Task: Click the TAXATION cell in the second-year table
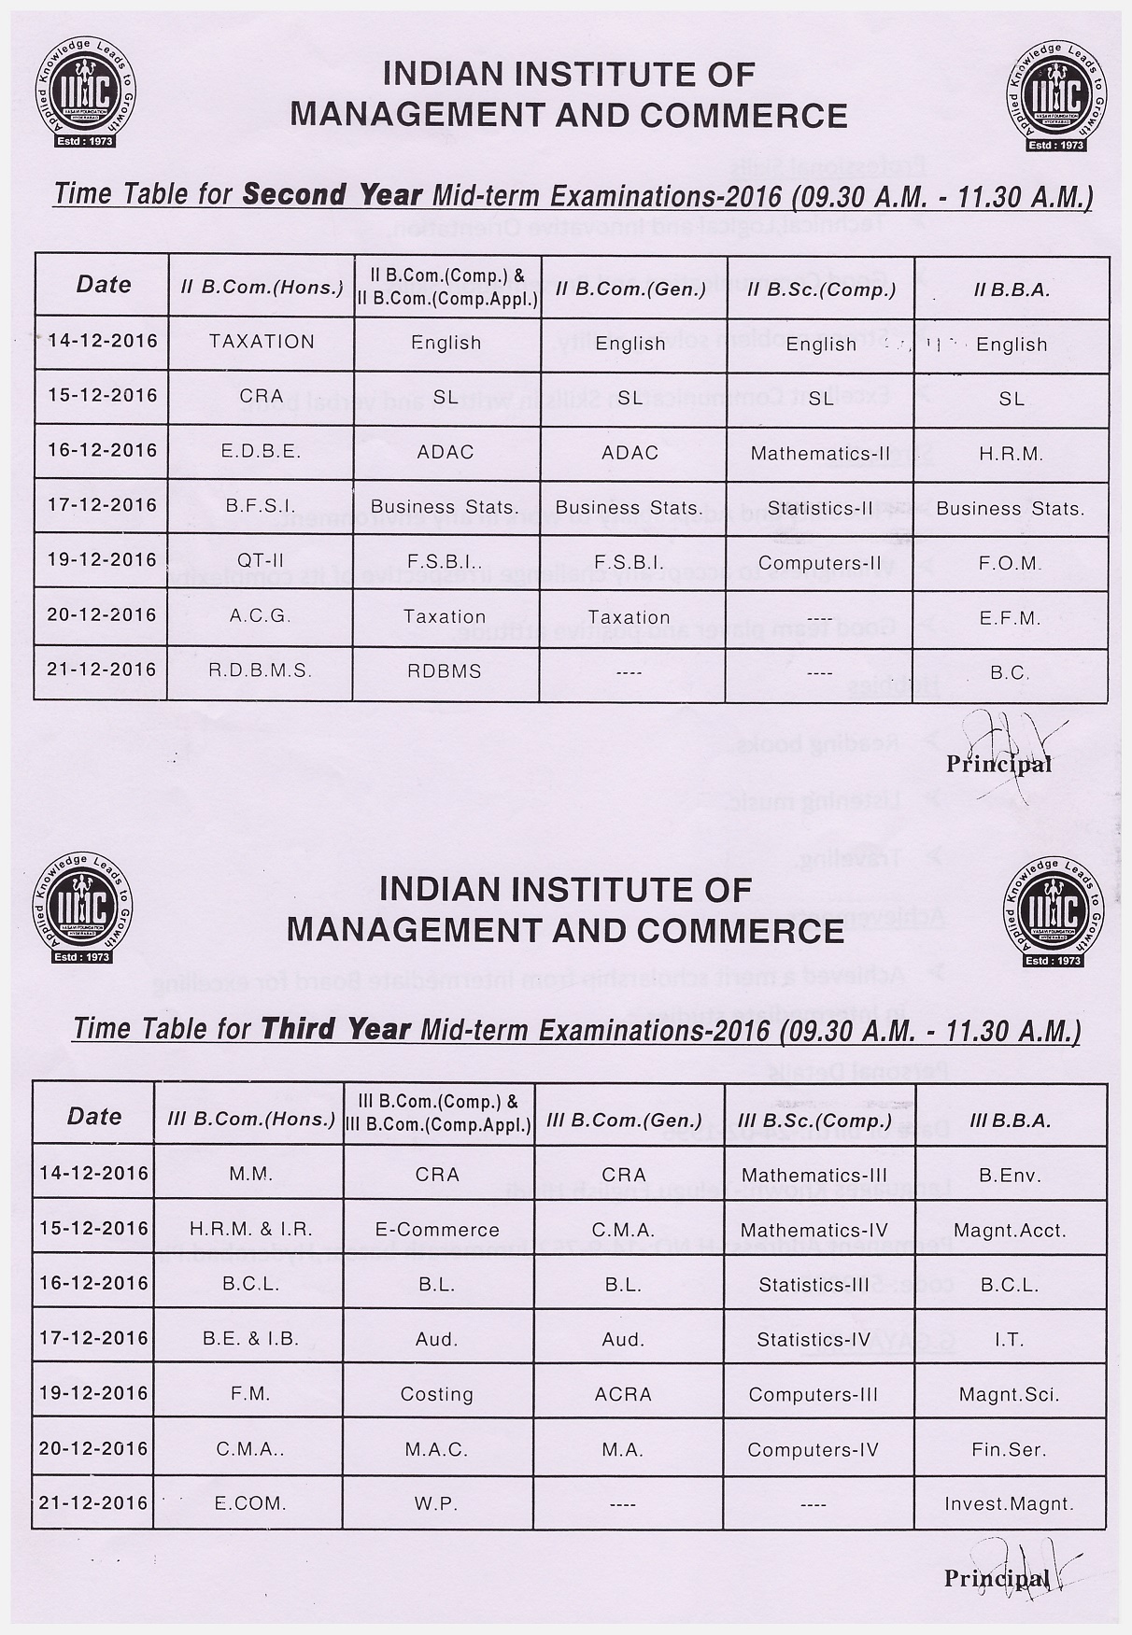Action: (262, 342)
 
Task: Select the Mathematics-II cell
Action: (820, 454)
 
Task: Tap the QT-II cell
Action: (261, 561)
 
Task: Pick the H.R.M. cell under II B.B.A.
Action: (1011, 454)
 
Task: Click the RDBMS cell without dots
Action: (445, 671)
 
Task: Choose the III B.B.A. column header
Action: (1011, 1121)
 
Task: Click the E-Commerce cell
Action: (437, 1230)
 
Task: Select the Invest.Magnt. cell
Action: (1009, 1503)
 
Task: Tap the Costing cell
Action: (436, 1394)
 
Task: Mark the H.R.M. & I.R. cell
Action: (250, 1229)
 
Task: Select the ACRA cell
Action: (623, 1394)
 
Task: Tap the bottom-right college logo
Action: (1054, 914)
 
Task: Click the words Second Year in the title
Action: (333, 195)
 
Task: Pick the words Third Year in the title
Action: (336, 1029)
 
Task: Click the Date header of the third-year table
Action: (94, 1117)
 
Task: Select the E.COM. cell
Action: (250, 1503)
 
